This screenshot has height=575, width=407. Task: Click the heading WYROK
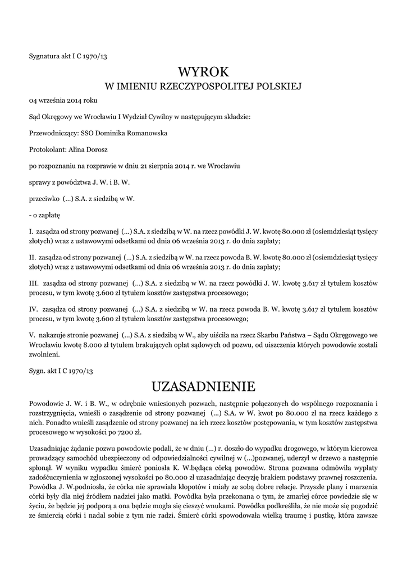(x=203, y=72)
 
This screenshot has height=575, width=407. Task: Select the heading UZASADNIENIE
(x=203, y=386)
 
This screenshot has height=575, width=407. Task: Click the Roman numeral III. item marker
(x=34, y=280)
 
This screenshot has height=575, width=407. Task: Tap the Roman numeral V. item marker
(x=32, y=335)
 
